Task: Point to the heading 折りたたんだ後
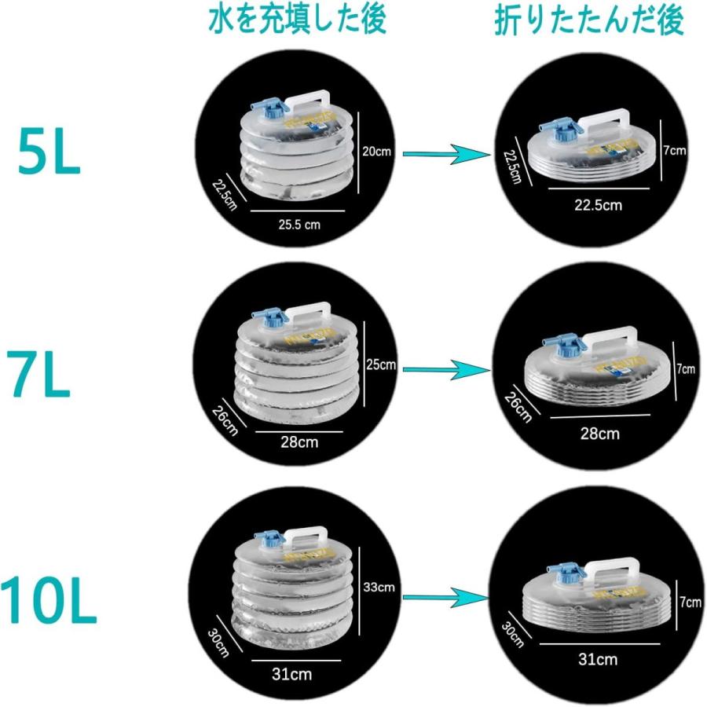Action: (x=588, y=22)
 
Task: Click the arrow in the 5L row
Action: (x=441, y=154)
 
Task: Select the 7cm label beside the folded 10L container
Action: (x=690, y=602)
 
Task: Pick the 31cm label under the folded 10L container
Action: (x=597, y=659)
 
